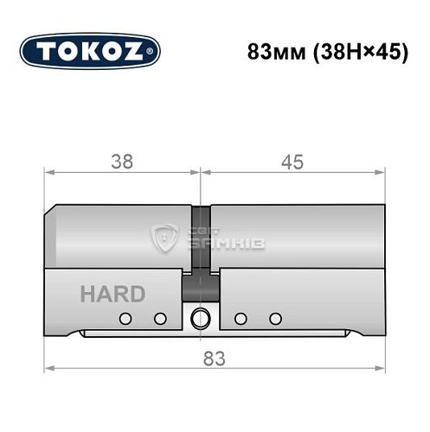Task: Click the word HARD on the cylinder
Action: (x=112, y=294)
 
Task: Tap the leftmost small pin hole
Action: (x=125, y=318)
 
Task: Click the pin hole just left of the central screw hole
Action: (x=159, y=318)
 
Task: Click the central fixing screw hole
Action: (x=201, y=317)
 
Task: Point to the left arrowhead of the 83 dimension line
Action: (x=49, y=369)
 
